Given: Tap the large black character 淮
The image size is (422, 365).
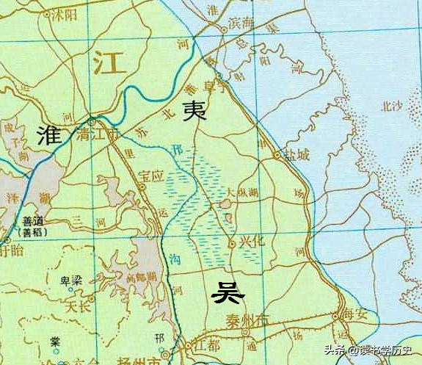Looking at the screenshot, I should coord(49,134).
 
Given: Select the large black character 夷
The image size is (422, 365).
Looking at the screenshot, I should coord(194,110).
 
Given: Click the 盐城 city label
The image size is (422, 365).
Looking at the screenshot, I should coord(297,156).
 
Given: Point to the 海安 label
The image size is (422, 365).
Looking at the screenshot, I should coord(358,315).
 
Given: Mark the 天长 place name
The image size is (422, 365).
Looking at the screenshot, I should coord(77,303).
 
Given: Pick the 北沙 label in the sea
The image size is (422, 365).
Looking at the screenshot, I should coord(391,106).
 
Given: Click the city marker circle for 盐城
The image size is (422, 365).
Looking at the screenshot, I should coord(277,155).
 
